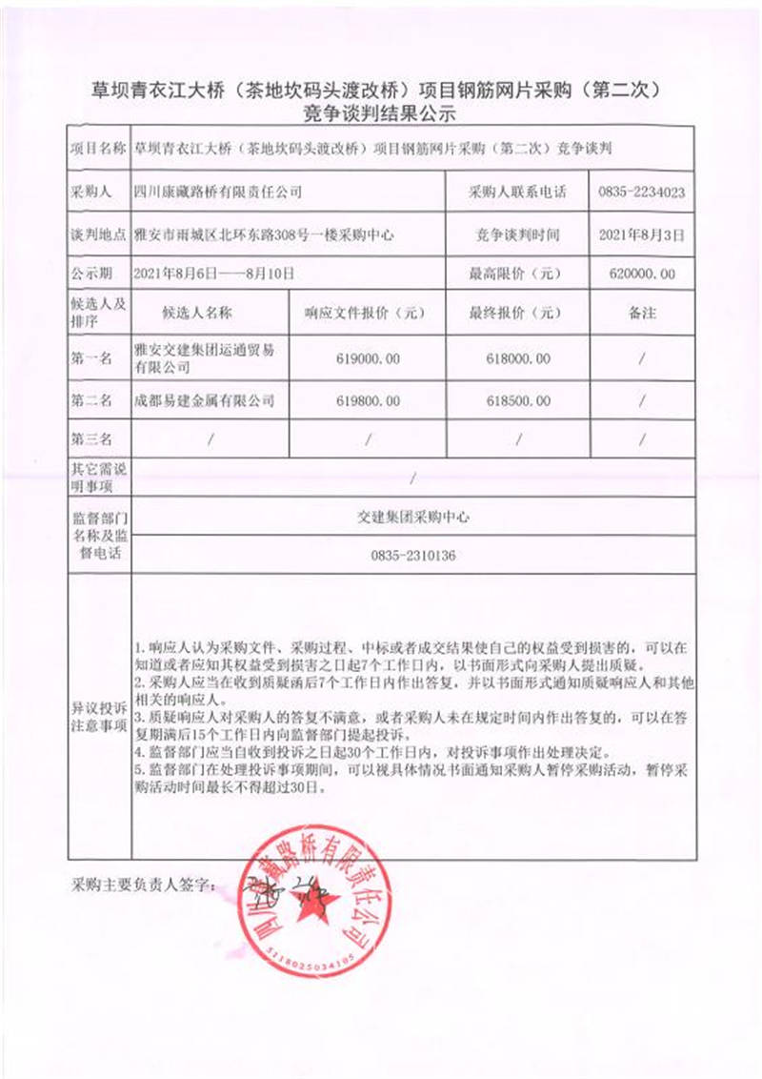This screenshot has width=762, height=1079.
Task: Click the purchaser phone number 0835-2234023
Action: (641, 192)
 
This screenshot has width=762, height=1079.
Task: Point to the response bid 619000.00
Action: (369, 359)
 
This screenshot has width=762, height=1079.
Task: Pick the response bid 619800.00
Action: (369, 401)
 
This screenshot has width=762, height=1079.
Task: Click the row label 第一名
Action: (92, 359)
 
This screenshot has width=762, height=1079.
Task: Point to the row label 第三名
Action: (92, 439)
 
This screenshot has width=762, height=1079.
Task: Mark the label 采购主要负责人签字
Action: (142, 886)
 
